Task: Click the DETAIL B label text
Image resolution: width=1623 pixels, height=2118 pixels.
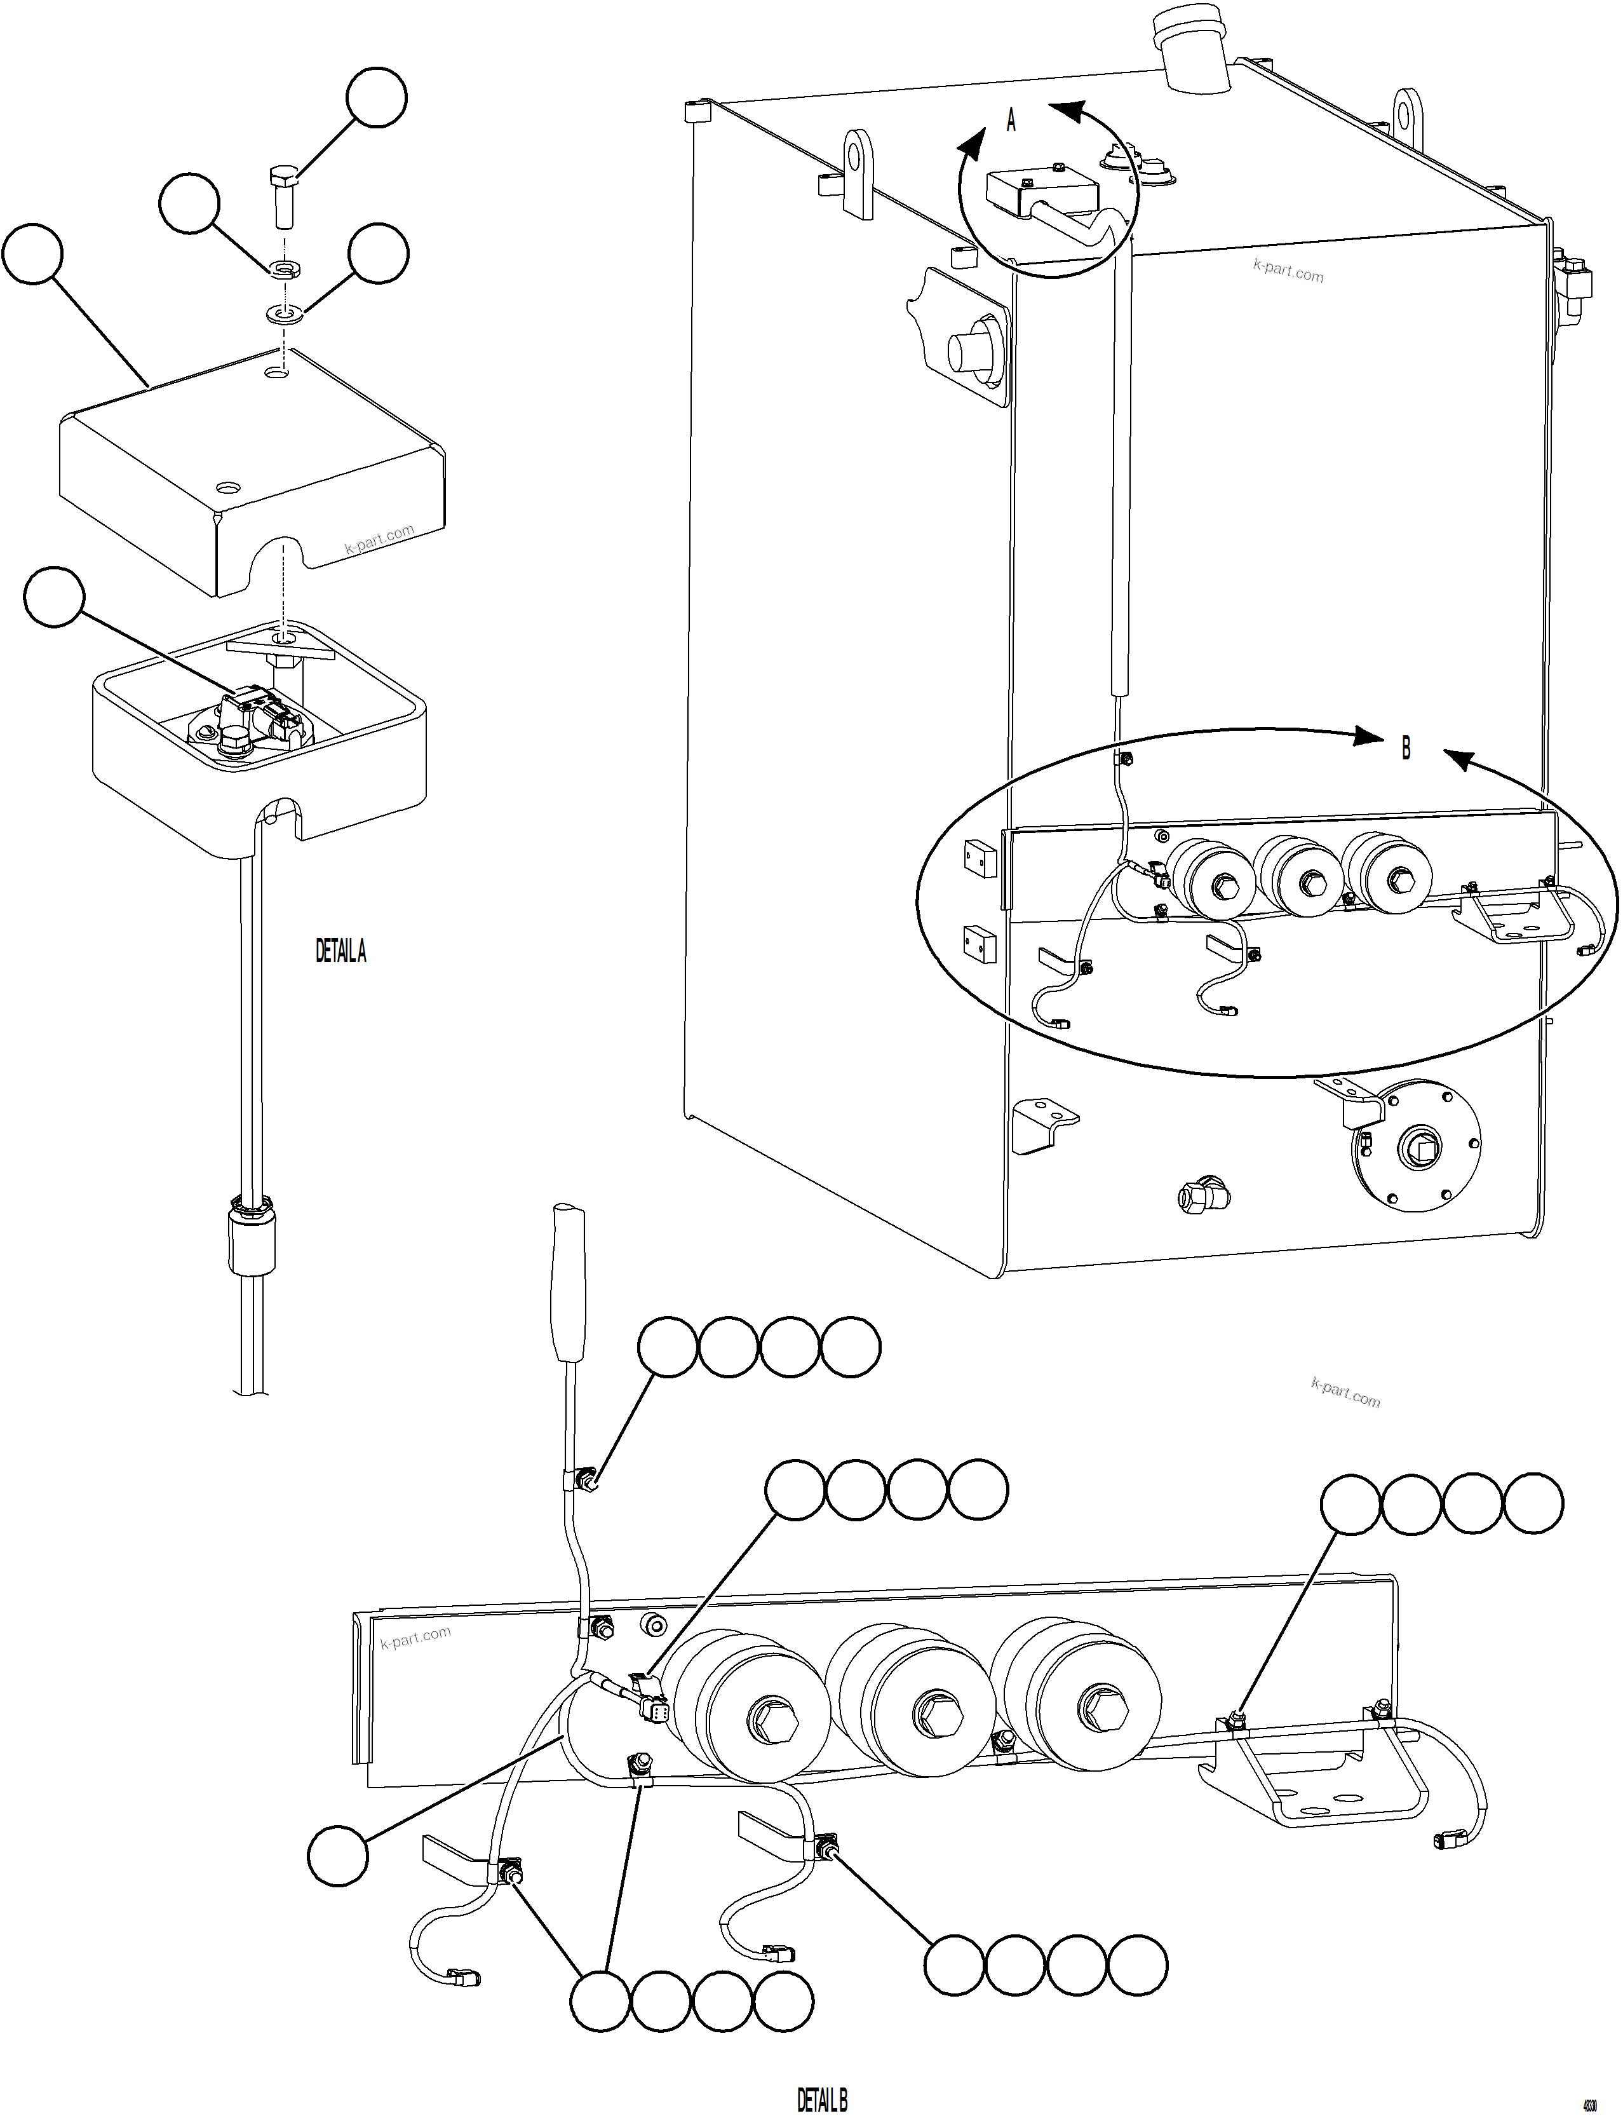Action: (821, 2092)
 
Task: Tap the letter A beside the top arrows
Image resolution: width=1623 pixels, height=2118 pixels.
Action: (1011, 121)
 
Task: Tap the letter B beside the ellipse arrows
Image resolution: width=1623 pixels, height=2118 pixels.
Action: (1406, 748)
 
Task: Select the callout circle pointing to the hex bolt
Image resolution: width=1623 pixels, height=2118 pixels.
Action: (377, 97)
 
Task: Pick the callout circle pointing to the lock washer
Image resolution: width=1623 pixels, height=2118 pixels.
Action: (191, 203)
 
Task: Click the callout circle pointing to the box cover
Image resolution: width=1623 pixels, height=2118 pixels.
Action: (33, 254)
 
